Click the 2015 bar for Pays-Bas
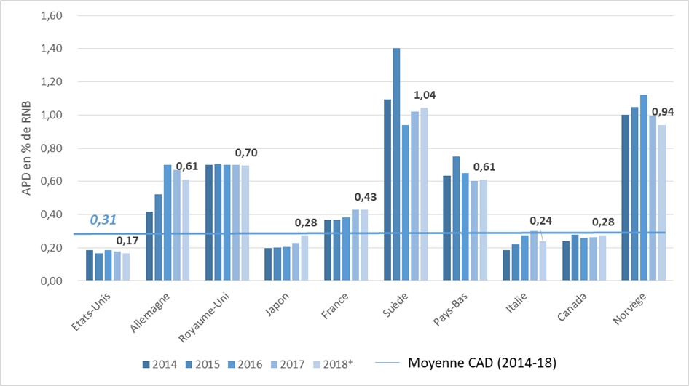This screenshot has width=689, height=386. pos(456,218)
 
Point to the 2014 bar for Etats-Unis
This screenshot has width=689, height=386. pos(90,265)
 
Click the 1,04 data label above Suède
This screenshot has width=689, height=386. pos(425,95)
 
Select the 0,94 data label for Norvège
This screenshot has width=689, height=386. pos(663,112)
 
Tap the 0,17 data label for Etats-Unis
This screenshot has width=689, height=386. pos(128,241)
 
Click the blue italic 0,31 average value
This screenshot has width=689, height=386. pos(103,220)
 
